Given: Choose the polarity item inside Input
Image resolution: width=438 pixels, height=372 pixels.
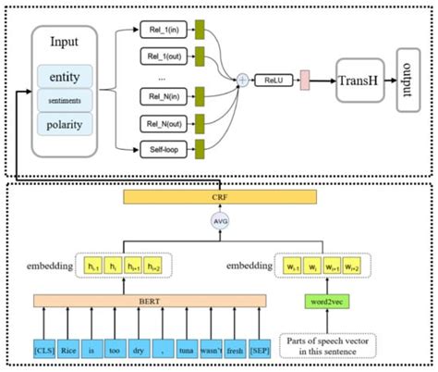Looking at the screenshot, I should coord(65,123).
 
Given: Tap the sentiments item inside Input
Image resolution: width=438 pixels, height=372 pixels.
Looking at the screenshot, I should coord(65,99).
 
